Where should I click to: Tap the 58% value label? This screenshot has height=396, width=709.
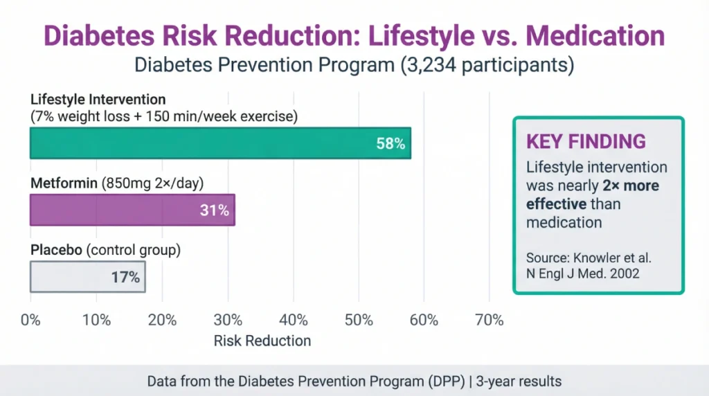[391, 144]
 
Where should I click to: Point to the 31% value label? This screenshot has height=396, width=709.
[215, 210]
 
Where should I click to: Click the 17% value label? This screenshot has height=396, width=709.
[125, 278]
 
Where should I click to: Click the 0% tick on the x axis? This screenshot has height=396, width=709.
[30, 320]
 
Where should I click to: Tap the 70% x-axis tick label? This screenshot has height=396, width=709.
[490, 320]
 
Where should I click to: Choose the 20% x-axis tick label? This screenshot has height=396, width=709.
[162, 320]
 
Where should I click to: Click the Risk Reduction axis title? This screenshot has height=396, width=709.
[262, 341]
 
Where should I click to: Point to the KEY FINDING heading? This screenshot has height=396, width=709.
[586, 142]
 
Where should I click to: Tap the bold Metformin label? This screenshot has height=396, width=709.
[64, 185]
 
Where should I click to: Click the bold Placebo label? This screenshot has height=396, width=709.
[55, 251]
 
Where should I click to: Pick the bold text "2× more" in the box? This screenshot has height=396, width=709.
[629, 186]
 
